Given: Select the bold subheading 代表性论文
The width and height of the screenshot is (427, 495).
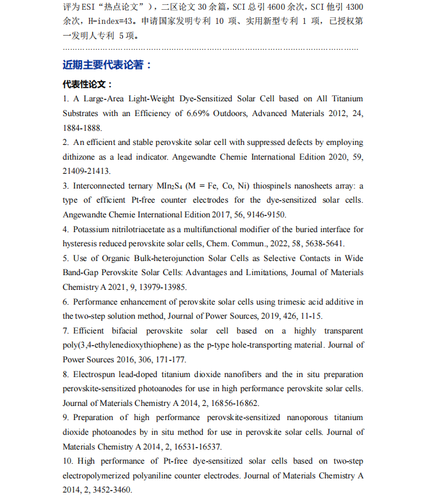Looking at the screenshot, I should tap(87, 84).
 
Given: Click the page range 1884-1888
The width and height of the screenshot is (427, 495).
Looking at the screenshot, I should tap(82, 128).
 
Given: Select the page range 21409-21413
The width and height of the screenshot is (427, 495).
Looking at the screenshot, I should tap(83, 171).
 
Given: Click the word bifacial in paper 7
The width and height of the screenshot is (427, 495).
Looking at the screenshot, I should tap(128, 330).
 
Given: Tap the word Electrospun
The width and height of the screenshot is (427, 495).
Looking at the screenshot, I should tap(93, 374).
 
